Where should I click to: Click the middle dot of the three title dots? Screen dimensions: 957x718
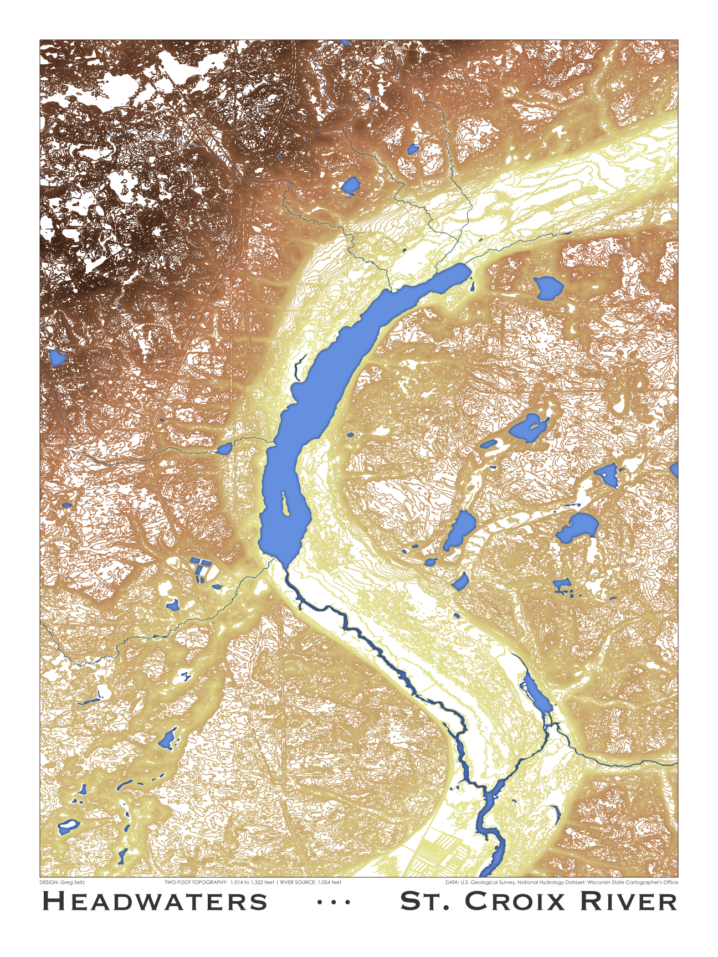pos(334,903)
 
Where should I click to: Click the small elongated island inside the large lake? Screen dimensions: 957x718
pos(285,503)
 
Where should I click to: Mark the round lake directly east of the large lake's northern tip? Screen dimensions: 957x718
pos(548,288)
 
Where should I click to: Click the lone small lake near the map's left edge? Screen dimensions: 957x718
pos(57,358)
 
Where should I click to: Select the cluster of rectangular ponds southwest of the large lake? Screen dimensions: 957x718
pos(201,569)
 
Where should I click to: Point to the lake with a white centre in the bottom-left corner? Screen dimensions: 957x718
pos(69,826)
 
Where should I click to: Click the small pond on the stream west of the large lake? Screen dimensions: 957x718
pos(224,449)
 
